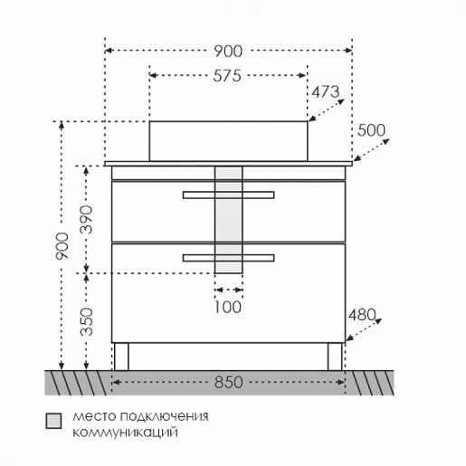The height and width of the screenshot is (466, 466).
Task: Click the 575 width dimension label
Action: (227, 76)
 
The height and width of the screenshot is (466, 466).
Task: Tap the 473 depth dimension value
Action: (326, 92)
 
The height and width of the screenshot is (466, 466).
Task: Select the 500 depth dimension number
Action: (371, 130)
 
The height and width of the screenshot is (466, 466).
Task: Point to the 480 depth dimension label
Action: (362, 316)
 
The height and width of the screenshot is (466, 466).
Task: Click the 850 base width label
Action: (228, 383)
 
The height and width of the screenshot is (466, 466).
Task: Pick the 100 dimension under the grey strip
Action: (228, 308)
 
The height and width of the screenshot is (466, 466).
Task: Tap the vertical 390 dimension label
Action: (87, 219)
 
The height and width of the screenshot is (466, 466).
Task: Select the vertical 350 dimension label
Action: (87, 322)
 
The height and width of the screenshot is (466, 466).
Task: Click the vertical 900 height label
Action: (62, 246)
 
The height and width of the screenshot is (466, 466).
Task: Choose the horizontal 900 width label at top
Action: (228, 52)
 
